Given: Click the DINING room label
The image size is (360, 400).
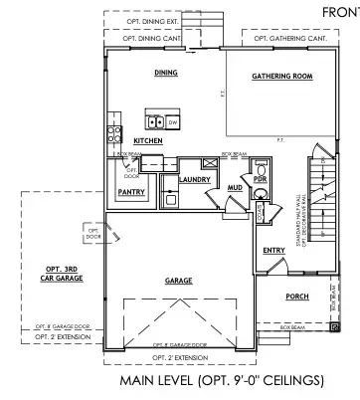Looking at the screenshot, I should tap(165, 73).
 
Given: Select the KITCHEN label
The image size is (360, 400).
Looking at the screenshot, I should tap(148, 142).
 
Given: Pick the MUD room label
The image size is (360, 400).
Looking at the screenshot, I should tap(235, 187).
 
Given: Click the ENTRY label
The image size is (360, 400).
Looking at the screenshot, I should tap(273, 252).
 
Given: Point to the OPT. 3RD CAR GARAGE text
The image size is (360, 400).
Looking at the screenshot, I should tap(63, 274).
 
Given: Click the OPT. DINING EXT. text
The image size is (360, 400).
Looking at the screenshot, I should tap(148, 22).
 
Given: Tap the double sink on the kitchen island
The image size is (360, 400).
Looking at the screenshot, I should tap(155, 123).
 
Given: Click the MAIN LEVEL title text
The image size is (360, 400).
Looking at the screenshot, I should tap(221, 380).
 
